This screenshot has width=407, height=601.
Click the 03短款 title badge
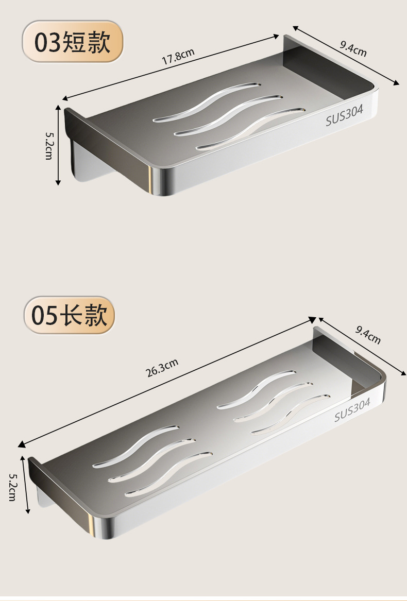point(73,42)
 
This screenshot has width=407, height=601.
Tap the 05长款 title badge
point(70,315)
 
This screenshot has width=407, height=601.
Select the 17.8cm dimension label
point(178,56)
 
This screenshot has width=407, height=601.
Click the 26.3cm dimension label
point(162,367)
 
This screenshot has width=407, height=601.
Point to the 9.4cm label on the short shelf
point(353,48)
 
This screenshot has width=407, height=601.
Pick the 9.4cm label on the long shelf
point(368,335)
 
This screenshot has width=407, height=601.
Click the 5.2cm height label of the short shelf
point(49,145)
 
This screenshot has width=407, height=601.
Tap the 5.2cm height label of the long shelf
point(13,487)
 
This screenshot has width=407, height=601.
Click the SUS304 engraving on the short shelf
point(344,115)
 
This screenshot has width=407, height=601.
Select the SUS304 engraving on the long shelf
point(352,409)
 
